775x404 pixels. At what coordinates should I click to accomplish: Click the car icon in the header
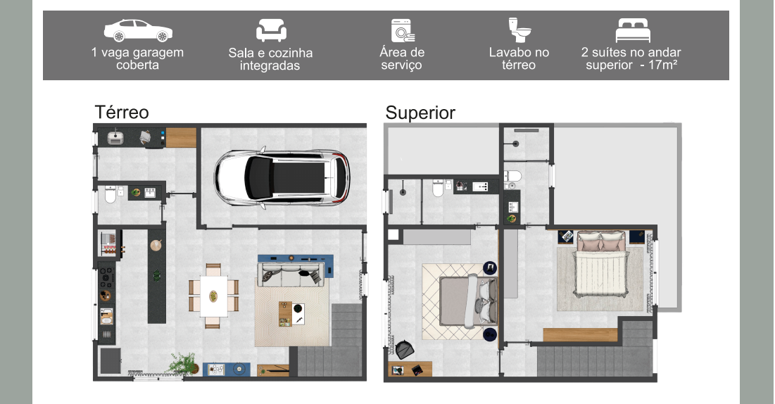click(138, 31)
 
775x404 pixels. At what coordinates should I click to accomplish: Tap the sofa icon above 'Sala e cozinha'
click(271, 30)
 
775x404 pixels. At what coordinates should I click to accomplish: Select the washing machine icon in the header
click(403, 31)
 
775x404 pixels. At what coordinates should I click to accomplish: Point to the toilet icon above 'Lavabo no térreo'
click(519, 30)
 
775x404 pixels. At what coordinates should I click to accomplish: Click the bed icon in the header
click(633, 31)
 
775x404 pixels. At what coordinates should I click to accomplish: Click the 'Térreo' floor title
click(122, 112)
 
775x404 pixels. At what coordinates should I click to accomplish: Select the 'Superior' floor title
click(420, 113)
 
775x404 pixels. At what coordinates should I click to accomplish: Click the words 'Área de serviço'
click(402, 59)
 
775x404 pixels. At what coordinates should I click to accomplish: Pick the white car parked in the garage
click(282, 177)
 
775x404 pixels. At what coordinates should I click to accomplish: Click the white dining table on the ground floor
click(213, 296)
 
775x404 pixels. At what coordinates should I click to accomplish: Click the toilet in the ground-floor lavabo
click(111, 195)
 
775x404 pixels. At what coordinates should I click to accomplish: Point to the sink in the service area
click(115, 137)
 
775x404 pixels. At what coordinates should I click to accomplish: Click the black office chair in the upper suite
click(405, 349)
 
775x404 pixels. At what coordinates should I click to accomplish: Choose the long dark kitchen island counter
click(157, 276)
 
